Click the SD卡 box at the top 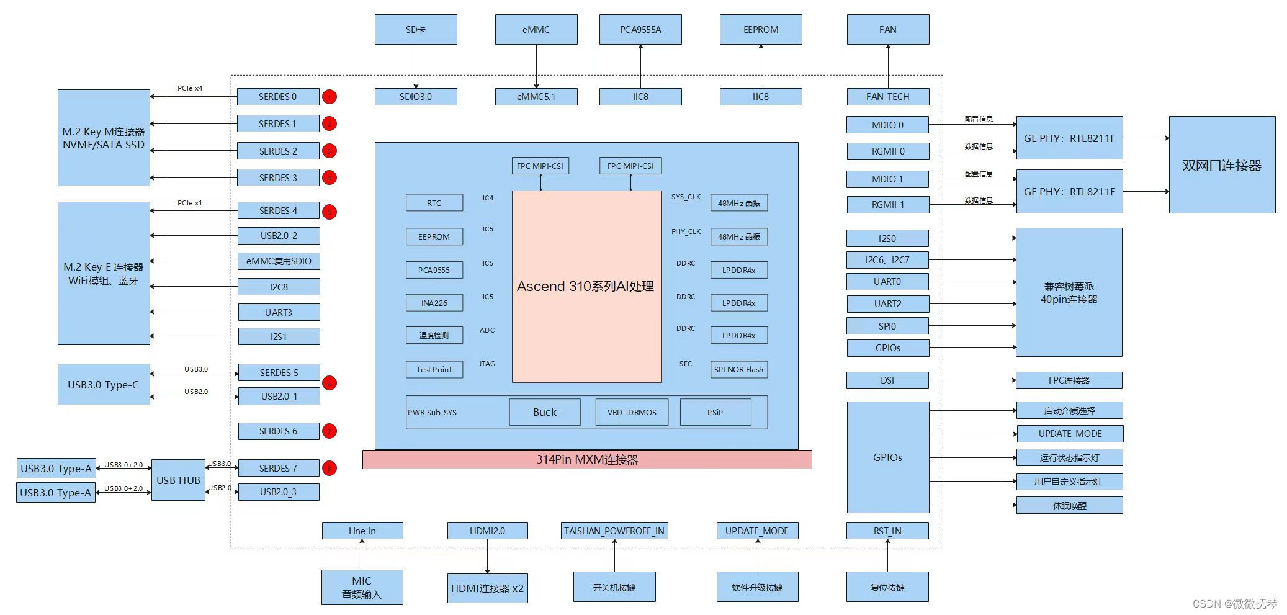[416, 30]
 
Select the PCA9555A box [640, 30]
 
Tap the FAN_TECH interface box [887, 97]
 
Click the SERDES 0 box [277, 97]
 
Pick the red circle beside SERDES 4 [330, 212]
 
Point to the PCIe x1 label [190, 203]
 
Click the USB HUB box [178, 480]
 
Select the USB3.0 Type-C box [104, 385]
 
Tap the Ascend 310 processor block [586, 286]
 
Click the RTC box [434, 203]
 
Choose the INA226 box [434, 303]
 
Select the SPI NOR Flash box [738, 369]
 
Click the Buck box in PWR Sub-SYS [544, 412]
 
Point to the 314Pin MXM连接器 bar [587, 460]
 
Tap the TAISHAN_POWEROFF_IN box [614, 531]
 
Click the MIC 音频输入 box [362, 587]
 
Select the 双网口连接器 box [1222, 165]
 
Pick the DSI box [887, 380]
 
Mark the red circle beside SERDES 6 [330, 431]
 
